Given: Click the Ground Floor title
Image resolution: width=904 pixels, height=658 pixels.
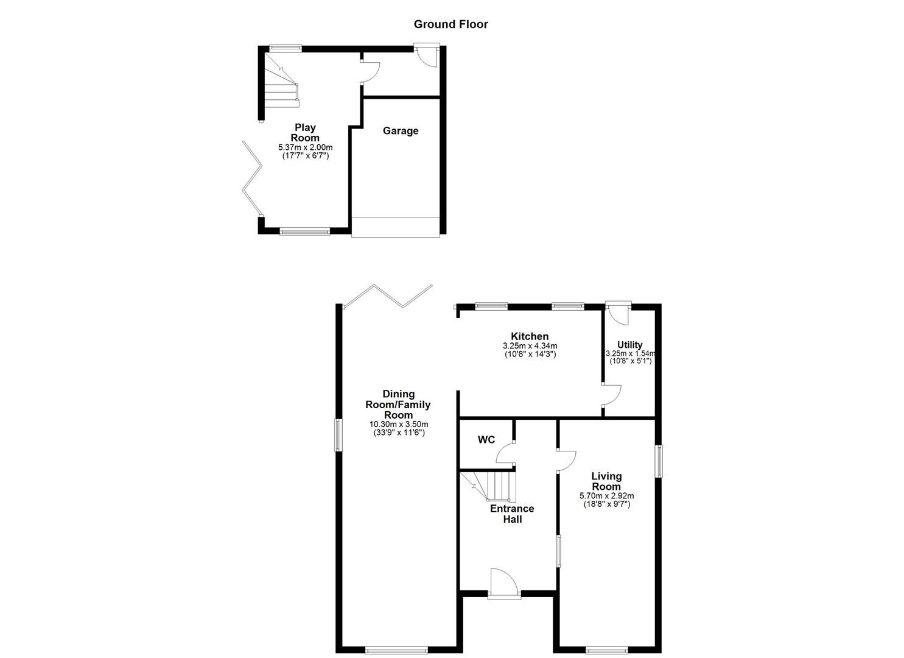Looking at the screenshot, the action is [451, 24].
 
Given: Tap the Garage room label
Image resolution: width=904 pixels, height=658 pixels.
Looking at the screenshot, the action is [401, 130].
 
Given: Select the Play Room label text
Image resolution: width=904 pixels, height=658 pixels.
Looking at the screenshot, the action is [305, 132].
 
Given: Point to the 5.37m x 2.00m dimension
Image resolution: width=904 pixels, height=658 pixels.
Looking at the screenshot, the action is [306, 147].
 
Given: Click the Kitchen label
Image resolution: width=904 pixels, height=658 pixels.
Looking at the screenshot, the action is [530, 336].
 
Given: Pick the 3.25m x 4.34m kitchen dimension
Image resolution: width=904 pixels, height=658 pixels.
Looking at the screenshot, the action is [530, 346].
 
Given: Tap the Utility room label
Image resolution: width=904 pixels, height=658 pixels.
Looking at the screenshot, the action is [629, 345].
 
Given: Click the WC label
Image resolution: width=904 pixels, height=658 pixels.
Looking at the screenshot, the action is [486, 439].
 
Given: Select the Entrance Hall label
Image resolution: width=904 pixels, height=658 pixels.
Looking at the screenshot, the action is [512, 514].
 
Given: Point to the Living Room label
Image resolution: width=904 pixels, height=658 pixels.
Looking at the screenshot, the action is [606, 481].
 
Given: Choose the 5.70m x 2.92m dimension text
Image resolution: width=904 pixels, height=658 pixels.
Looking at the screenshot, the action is [606, 495].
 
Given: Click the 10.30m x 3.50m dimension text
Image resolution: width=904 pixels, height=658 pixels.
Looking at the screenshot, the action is [399, 424].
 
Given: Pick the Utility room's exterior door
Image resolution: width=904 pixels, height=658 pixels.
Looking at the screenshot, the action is [618, 312].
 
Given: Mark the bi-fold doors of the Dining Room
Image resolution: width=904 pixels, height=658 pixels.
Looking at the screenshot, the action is [387, 295].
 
